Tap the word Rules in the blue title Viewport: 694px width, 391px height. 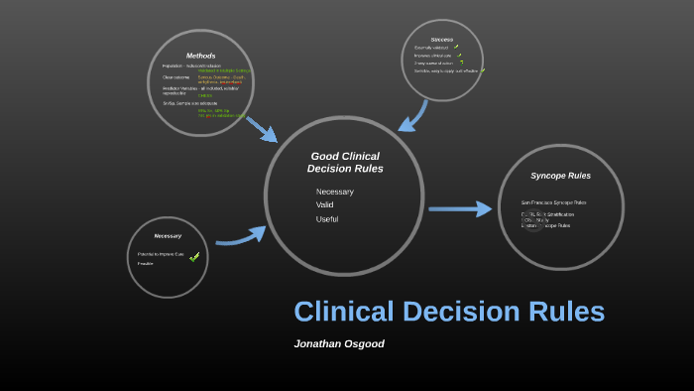pos(563,312)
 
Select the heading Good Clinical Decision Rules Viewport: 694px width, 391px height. pos(345,162)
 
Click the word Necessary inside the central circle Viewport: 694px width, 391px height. pos(334,192)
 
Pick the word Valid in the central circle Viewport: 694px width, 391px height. pos(325,205)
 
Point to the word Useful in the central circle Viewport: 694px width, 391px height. pos(327,219)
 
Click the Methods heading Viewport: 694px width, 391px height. pos(200,55)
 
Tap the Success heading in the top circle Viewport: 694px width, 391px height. pos(441,40)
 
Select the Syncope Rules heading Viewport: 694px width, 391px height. pos(560,176)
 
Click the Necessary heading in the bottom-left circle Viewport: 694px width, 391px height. pos(168,236)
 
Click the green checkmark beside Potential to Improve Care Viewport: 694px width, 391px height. pos(194,257)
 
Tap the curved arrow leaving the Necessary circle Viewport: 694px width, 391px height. pos(241,236)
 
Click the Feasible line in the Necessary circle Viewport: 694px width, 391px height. pos(146,264)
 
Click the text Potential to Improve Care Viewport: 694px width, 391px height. pos(160,255)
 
